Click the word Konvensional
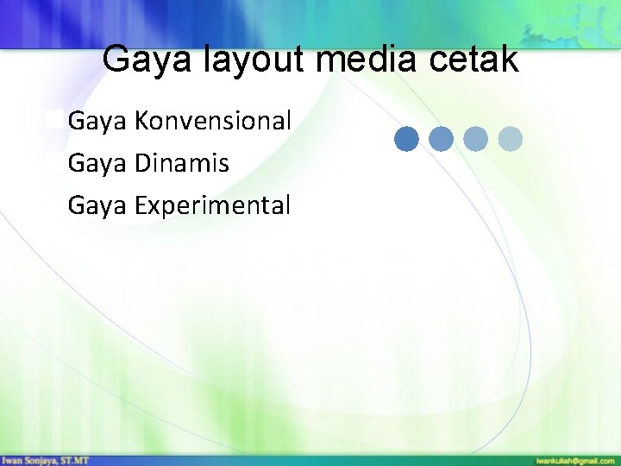pyautogui.click(x=213, y=121)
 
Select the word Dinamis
pyautogui.click(x=182, y=162)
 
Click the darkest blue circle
pyautogui.click(x=407, y=139)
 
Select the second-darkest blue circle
pyautogui.click(x=441, y=139)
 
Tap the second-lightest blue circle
pyautogui.click(x=475, y=139)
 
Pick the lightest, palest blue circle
pyautogui.click(x=511, y=139)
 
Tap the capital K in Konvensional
pyautogui.click(x=141, y=121)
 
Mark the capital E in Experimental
pyautogui.click(x=141, y=205)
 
